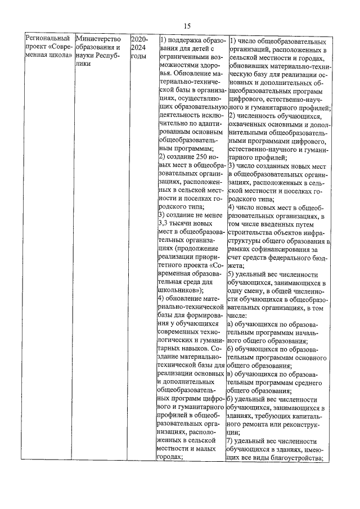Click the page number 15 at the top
[x=187, y=25]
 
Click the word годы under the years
[x=138, y=56]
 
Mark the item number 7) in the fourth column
[x=231, y=440]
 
